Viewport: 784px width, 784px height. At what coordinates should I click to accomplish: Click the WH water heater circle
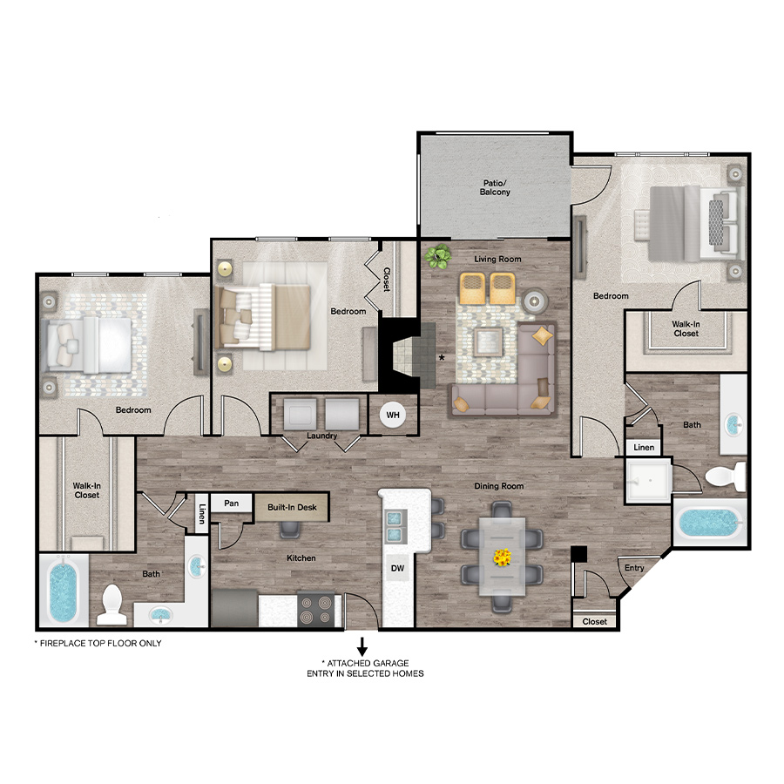[x=393, y=415]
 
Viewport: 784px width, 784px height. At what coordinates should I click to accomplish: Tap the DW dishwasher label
[x=397, y=568]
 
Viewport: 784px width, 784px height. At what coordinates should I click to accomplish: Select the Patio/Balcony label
[x=495, y=187]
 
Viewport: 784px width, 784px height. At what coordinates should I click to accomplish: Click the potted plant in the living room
[x=437, y=256]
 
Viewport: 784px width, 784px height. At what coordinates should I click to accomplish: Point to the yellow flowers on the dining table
[x=502, y=557]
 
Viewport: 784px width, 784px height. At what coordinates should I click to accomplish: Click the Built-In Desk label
[x=292, y=508]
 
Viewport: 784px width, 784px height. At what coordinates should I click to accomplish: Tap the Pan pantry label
[x=231, y=503]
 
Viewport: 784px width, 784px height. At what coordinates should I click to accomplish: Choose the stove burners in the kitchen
[x=316, y=610]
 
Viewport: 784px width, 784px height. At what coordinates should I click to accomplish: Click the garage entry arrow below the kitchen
[x=362, y=646]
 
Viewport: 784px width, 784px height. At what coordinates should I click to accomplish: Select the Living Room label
[x=497, y=259]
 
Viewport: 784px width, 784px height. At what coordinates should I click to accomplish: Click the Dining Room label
[x=499, y=486]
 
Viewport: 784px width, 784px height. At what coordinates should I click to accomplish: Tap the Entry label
[x=634, y=568]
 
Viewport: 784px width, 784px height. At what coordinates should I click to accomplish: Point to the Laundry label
[x=322, y=436]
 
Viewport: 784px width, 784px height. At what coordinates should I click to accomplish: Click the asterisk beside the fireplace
[x=442, y=358]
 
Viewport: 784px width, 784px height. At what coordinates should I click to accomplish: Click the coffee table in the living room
[x=488, y=341]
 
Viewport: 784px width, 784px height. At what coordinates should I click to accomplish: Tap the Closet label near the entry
[x=594, y=621]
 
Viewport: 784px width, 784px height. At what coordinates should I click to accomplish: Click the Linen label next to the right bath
[x=644, y=448]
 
